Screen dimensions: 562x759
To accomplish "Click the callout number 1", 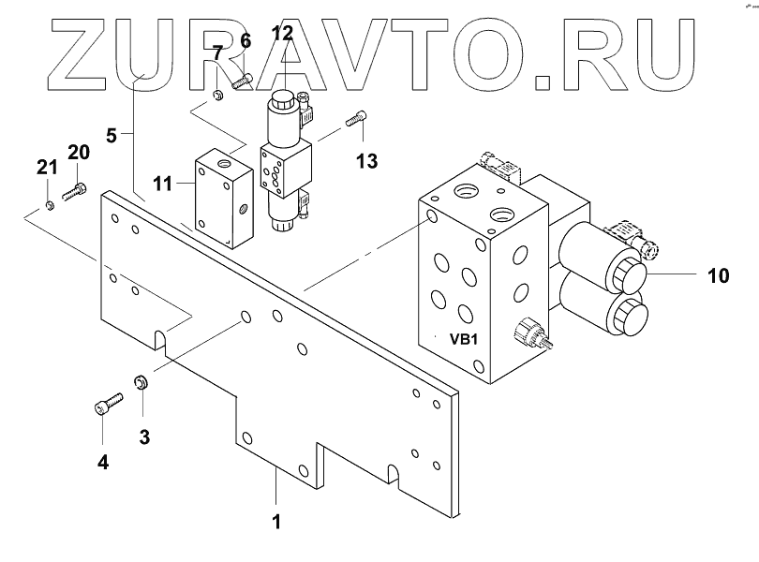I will tap(277, 521).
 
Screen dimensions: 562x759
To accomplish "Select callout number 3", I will tap(143, 436).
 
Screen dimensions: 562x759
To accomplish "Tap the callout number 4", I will tap(102, 460).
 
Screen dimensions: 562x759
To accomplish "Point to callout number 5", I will tap(112, 135).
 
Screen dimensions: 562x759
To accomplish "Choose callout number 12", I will tap(282, 36).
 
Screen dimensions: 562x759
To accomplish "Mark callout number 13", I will tap(366, 160).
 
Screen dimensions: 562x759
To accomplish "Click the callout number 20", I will tap(79, 152).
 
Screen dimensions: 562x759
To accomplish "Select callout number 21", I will tap(47, 168).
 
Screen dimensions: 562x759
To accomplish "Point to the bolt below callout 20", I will tap(74, 193).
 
